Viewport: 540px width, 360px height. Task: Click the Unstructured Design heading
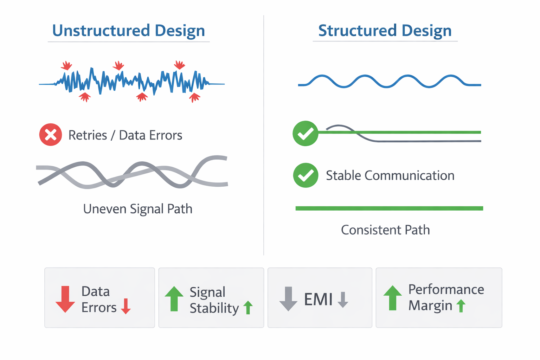pos(128,31)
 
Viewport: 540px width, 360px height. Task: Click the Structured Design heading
pos(385,31)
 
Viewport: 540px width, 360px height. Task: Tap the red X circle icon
pos(51,135)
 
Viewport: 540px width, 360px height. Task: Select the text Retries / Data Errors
pos(126,135)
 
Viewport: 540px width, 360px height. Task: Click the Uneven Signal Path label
pos(138,209)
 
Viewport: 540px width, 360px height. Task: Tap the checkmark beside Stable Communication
pos(306,175)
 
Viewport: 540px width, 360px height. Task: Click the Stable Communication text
pos(390,175)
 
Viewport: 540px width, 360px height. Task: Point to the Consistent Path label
pos(385,230)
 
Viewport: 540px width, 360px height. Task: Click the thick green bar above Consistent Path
pos(389,208)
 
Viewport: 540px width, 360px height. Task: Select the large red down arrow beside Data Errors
pos(65,299)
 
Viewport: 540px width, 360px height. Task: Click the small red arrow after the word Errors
pos(126,306)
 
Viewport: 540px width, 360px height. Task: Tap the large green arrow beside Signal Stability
pos(174,299)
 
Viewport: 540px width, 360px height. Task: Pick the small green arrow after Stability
pos(248,307)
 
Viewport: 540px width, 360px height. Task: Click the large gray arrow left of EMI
pos(288,299)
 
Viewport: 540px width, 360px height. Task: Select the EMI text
pos(319,299)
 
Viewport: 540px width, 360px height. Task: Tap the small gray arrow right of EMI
pos(343,300)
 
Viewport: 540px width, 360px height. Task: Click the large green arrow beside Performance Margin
pos(392,298)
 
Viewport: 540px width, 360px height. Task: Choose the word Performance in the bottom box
pos(446,289)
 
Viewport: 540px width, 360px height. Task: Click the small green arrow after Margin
pos(461,306)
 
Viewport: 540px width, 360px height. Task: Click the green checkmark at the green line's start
pos(306,133)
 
